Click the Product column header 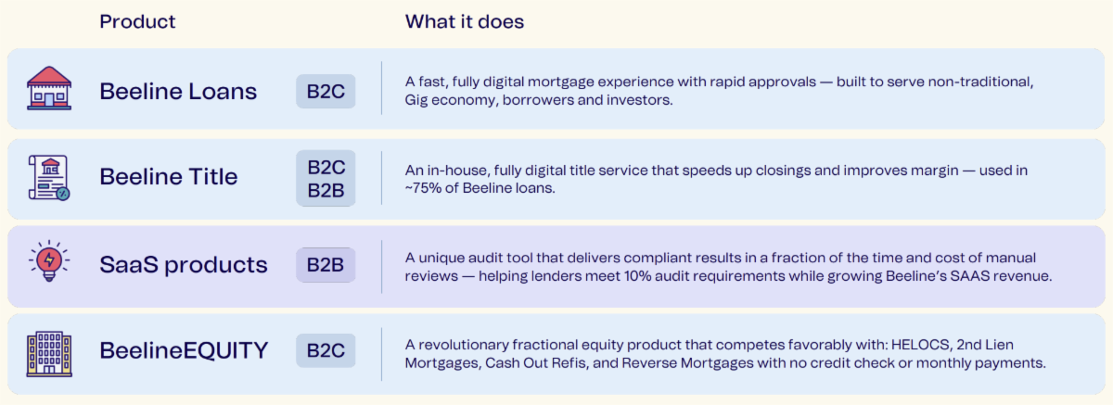[137, 21]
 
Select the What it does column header [464, 21]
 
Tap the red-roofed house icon [49, 88]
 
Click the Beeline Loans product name [178, 92]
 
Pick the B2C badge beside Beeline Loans [326, 92]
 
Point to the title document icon [48, 178]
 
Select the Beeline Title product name [169, 177]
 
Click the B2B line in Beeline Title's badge [326, 190]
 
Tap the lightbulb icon [49, 261]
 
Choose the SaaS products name [184, 264]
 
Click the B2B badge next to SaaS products [326, 265]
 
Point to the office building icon [49, 354]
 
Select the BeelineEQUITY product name [184, 350]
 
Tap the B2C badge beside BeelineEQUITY [326, 350]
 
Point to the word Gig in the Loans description [416, 100]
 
